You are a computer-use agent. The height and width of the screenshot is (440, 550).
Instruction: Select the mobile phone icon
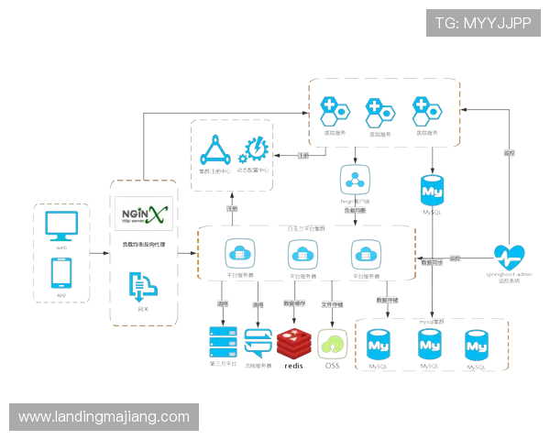coord(62,272)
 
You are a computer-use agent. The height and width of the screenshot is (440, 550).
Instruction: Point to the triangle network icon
coord(214,149)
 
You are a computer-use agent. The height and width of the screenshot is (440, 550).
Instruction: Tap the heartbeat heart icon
coord(509,257)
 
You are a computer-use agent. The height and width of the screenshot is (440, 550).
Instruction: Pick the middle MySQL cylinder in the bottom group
coord(430,346)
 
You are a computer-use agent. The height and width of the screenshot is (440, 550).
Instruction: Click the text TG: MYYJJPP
coord(484,23)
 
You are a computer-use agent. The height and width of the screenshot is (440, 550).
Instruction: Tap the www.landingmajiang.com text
coord(104,417)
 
